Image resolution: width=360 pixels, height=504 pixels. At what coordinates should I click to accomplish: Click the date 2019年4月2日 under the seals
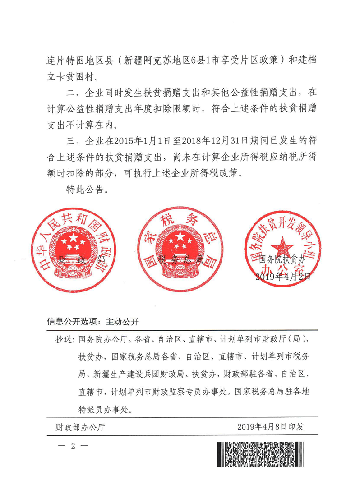click(283, 277)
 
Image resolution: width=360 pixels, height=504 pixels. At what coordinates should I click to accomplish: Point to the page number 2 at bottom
click(73, 446)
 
